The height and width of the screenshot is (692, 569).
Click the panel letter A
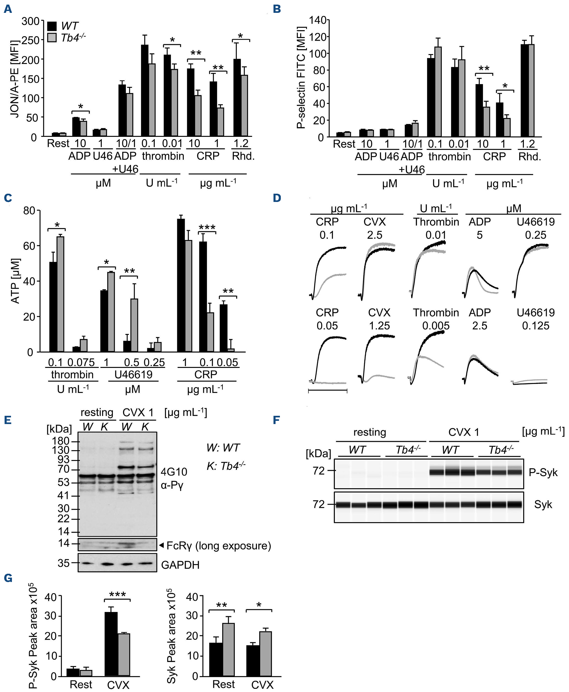pyautogui.click(x=8, y=9)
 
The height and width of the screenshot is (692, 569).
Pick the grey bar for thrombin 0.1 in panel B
pyautogui.click(x=438, y=92)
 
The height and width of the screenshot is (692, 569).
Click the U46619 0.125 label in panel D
pyautogui.click(x=535, y=319)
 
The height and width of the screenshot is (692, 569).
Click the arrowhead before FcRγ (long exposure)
pyautogui.click(x=161, y=545)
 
